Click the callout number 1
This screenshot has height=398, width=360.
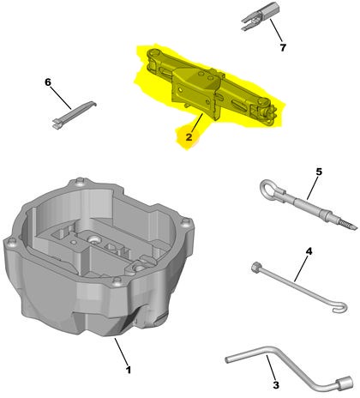point(129,370)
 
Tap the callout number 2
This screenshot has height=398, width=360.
point(189,137)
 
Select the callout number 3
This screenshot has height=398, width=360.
point(276,385)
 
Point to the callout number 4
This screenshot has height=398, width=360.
point(309,251)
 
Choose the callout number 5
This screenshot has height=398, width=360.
point(319,172)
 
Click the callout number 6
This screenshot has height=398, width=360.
point(48,82)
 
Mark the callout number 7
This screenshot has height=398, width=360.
point(283,47)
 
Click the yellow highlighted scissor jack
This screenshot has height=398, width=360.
point(212,87)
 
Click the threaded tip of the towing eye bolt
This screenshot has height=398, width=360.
point(348,225)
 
